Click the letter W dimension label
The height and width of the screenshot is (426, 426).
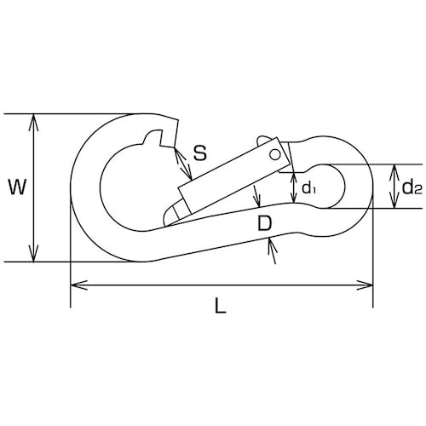(18, 187)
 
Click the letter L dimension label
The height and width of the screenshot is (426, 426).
(221, 305)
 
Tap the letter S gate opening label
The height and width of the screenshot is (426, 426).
(200, 153)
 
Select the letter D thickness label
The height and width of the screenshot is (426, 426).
(265, 223)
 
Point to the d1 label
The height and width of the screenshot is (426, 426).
(308, 188)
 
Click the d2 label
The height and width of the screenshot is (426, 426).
(412, 187)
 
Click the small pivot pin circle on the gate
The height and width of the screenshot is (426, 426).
(274, 155)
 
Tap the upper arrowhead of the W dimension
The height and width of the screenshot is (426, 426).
(34, 122)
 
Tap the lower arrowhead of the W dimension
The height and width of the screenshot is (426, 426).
(34, 254)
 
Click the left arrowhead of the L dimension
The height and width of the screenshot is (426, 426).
(78, 285)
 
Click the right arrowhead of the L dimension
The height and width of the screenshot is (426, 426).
(365, 285)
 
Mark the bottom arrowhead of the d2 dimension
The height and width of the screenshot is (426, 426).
(394, 201)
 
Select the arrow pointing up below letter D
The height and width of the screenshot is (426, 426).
(273, 251)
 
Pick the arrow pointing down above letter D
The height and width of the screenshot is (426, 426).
(256, 196)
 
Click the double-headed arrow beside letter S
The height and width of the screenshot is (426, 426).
(183, 164)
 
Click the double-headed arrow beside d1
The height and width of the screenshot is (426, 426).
(293, 187)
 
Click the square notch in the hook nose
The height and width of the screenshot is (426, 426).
(167, 139)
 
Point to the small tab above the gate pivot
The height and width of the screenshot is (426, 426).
(262, 140)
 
